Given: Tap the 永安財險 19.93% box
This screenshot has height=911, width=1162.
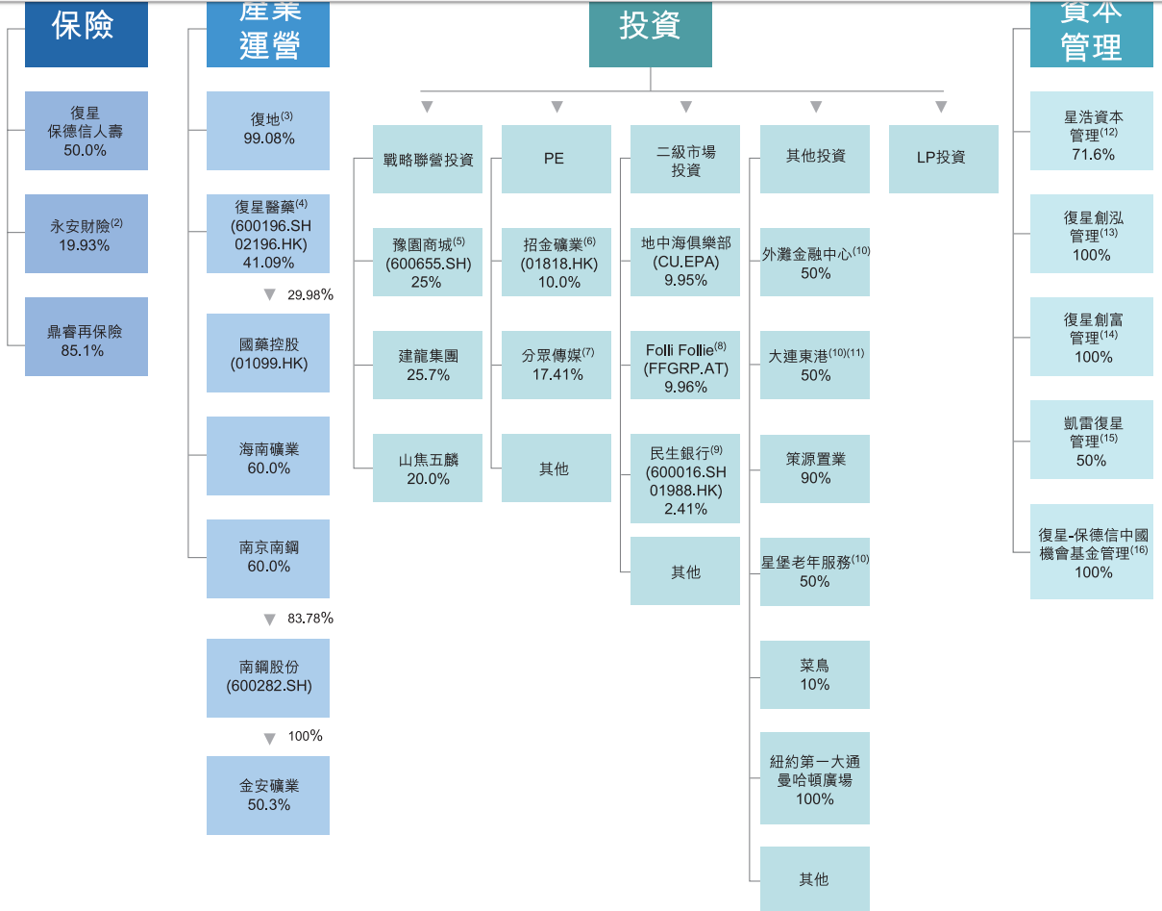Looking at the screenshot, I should pyautogui.click(x=86, y=234).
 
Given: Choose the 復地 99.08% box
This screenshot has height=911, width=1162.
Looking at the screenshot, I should pyautogui.click(x=267, y=130).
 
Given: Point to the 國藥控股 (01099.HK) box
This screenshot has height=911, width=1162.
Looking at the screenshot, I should pyautogui.click(x=267, y=353).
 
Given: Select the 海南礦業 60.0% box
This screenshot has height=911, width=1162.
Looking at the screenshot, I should pyautogui.click(x=267, y=456).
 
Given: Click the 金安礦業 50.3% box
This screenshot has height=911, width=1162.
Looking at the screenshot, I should pyautogui.click(x=267, y=795).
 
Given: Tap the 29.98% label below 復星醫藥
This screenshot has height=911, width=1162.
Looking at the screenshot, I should pyautogui.click(x=309, y=295).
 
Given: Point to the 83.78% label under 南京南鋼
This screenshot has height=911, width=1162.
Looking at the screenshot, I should pyautogui.click(x=309, y=619).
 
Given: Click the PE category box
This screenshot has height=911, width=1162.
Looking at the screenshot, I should pyautogui.click(x=556, y=159).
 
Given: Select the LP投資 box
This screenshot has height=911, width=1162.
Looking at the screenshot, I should pyautogui.click(x=943, y=159).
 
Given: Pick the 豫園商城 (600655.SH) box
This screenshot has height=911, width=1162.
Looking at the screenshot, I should pyautogui.click(x=427, y=263).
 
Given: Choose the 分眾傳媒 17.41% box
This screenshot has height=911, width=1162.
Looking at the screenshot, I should pyautogui.click(x=556, y=365).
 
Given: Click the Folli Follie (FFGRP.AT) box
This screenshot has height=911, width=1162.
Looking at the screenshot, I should pyautogui.click(x=684, y=366).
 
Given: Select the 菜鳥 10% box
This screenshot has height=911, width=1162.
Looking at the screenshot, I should pyautogui.click(x=814, y=674).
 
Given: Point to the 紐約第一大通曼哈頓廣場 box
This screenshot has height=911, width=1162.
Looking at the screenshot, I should pyautogui.click(x=814, y=779).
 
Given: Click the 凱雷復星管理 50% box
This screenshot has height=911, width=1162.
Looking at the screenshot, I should pyautogui.click(x=1091, y=441).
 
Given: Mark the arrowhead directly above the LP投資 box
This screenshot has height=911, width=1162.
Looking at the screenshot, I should pyautogui.click(x=940, y=107).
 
